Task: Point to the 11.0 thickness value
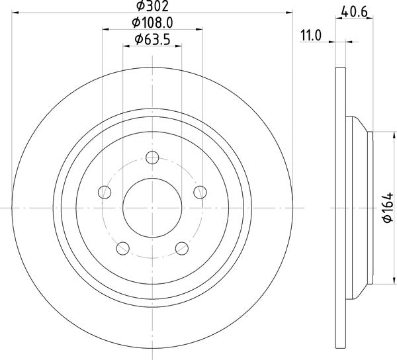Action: pos(310,36)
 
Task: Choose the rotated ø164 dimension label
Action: pos(387,211)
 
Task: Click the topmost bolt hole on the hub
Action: pos(152,157)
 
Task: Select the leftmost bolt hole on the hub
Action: pos(104,192)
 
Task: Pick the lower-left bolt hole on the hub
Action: pos(122,249)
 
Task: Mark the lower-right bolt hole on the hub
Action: pos(182,249)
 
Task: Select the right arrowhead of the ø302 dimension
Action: pos(288,11)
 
